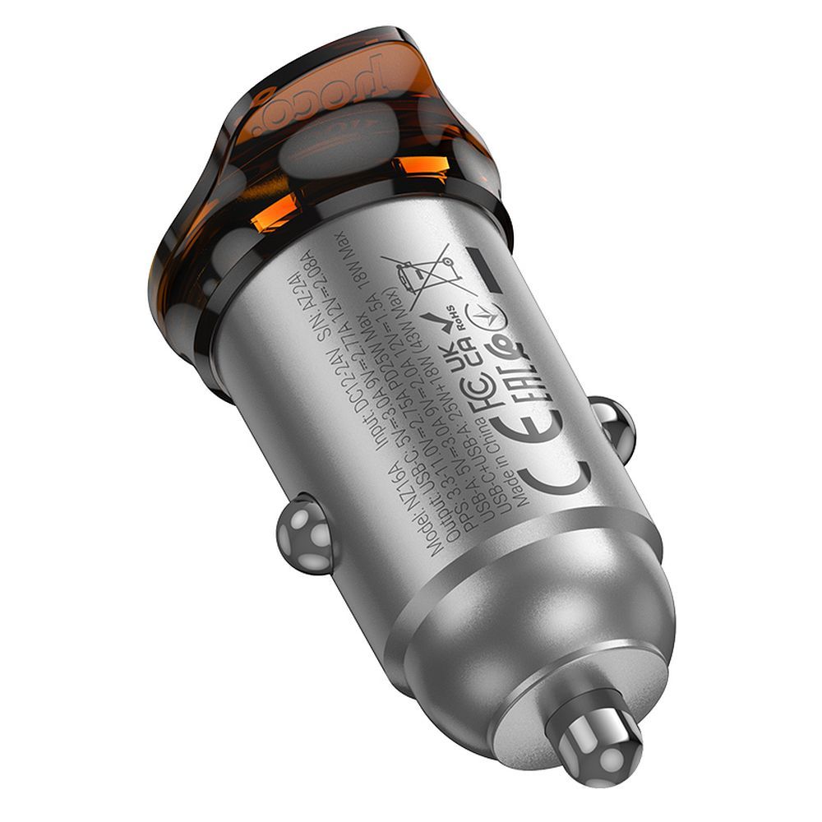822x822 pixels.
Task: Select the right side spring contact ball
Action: pos(613,423)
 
